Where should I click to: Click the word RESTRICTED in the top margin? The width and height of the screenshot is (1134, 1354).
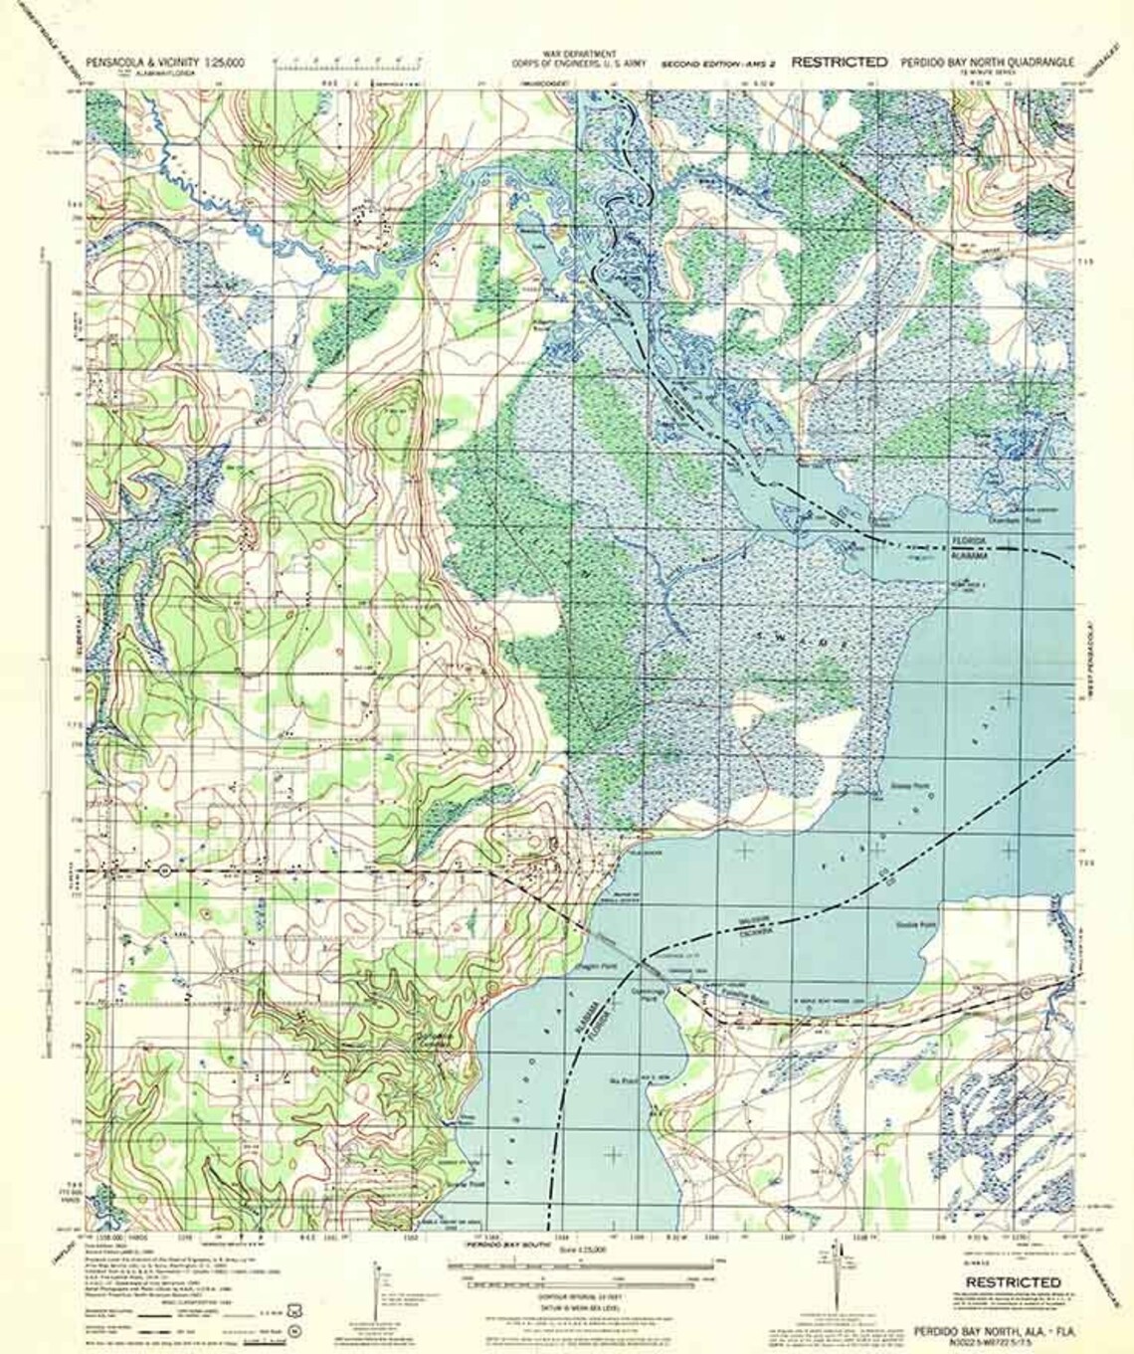click(839, 62)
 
